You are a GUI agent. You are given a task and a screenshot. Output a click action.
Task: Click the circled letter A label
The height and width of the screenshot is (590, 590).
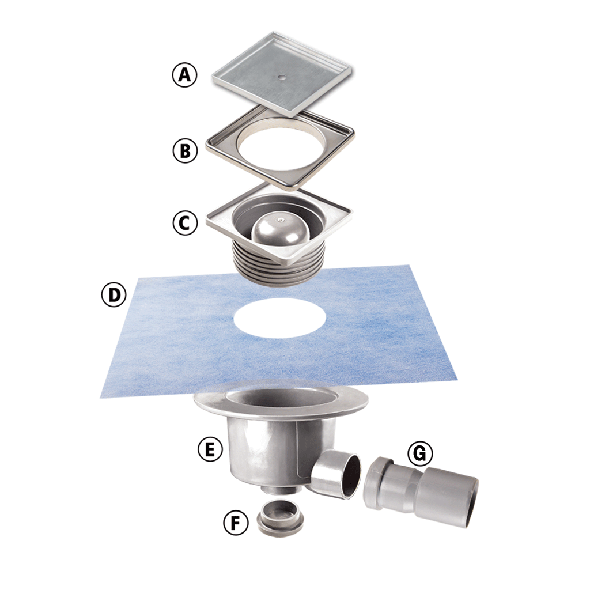click(184, 75)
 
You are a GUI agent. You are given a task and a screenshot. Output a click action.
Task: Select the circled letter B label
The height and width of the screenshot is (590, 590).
click(185, 150)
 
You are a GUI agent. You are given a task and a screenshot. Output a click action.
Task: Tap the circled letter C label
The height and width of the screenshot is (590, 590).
click(185, 223)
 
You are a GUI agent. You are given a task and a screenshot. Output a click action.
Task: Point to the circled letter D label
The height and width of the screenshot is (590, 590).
click(114, 294)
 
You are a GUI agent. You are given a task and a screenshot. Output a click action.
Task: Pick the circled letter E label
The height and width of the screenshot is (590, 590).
click(210, 449)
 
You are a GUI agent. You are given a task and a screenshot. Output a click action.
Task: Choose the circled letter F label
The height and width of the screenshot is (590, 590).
click(236, 523)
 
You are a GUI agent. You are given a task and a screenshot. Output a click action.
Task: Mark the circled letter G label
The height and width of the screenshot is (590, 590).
click(420, 453)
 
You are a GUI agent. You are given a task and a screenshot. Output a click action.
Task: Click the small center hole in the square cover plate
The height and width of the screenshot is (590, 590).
click(281, 77)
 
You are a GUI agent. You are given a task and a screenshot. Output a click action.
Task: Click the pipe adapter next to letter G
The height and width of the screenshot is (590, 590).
click(421, 491)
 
